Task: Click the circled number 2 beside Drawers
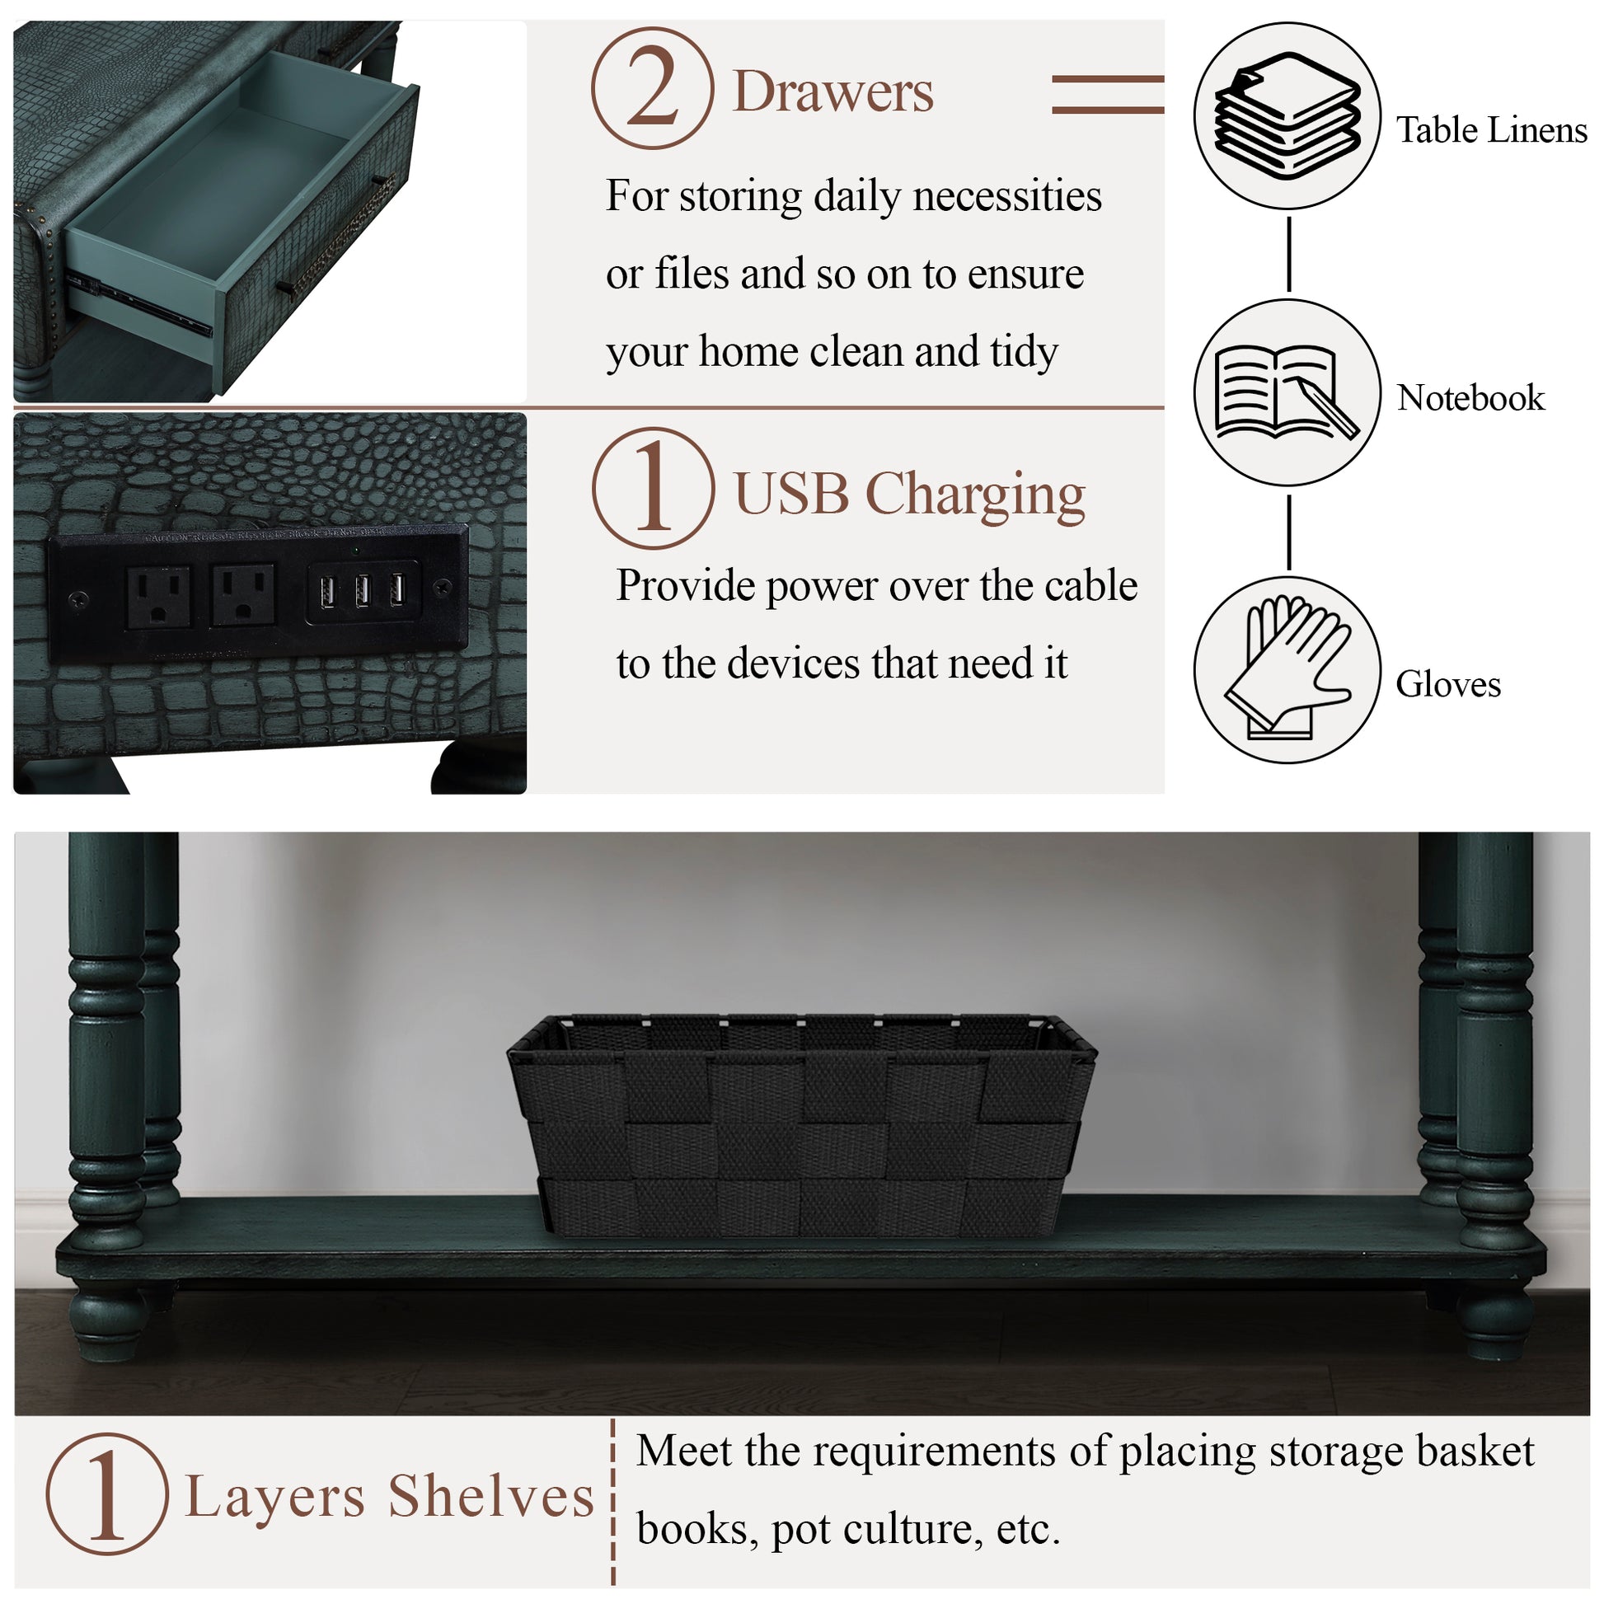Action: coord(653,88)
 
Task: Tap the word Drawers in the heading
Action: coord(832,91)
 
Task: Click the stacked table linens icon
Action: coord(1287,116)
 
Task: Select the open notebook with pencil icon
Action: coord(1287,392)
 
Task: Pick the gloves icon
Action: coord(1287,669)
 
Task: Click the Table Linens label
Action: coord(1491,130)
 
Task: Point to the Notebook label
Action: coord(1470,398)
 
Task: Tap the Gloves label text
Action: coord(1448,685)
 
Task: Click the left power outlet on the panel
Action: coord(158,596)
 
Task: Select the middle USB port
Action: coord(363,591)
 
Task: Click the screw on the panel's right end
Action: coord(443,587)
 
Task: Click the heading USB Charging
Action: coord(909,495)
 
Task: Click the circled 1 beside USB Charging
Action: coord(654,488)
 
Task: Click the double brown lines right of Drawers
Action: coord(1108,94)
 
